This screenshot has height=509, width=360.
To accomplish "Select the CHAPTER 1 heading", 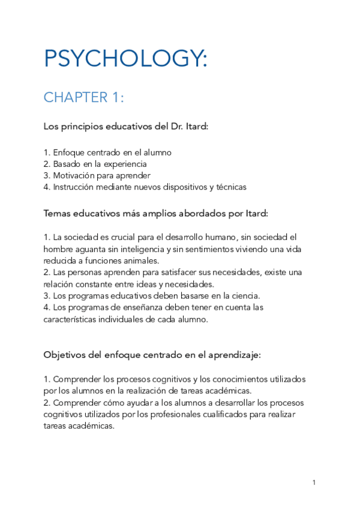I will point(84,97).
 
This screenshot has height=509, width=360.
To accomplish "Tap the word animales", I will point(142,261).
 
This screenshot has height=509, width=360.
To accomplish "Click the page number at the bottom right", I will point(314,482).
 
